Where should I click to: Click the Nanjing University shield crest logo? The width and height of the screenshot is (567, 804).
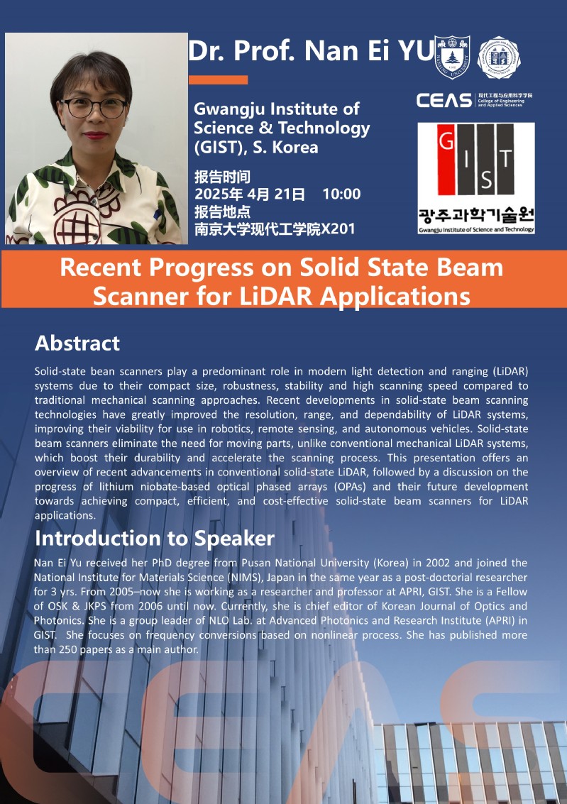pos(452,57)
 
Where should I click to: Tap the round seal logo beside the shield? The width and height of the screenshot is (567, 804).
pos(499,57)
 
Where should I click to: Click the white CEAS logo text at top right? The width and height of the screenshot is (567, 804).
pos(444,100)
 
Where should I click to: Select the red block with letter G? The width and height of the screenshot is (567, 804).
pos(446,159)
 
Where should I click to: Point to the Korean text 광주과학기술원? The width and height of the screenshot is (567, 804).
pos(476,214)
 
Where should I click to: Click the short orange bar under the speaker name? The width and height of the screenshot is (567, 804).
pos(218,79)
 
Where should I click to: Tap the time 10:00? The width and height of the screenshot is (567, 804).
pos(341,194)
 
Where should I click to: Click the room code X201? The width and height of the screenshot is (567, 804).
pos(338,228)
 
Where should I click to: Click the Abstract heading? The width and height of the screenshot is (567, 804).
pos(77,343)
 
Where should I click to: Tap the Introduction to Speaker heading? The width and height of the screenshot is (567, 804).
pos(155,539)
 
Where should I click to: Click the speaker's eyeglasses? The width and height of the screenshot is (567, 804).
pos(94,108)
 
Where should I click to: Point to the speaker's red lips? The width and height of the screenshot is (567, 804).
pos(95,136)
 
